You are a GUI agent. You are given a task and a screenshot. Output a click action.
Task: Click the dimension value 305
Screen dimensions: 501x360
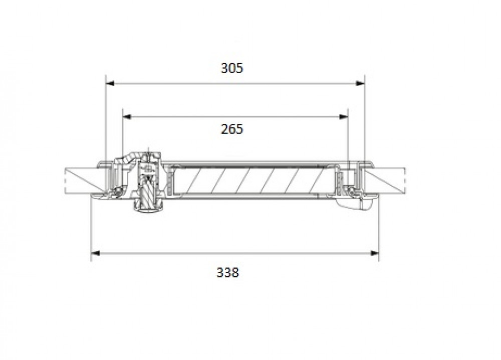tap(232, 68)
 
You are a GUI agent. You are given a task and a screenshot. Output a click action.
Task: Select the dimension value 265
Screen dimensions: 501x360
tap(232, 129)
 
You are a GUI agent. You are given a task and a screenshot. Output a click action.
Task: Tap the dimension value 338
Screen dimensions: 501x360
tap(228, 273)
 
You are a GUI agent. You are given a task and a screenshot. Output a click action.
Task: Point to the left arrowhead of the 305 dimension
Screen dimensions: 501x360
tap(110, 83)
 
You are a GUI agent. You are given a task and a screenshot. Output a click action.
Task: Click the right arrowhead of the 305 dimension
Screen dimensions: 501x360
tap(361, 83)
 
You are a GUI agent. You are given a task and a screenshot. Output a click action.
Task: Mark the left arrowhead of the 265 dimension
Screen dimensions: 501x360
tap(127, 117)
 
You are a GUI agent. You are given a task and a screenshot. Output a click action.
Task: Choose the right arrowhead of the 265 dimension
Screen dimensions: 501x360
tap(344, 117)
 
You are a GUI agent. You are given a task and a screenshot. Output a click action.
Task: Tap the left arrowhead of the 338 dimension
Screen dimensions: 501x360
tap(96, 253)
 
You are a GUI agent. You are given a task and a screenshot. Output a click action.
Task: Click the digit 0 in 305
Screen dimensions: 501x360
tap(232, 68)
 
